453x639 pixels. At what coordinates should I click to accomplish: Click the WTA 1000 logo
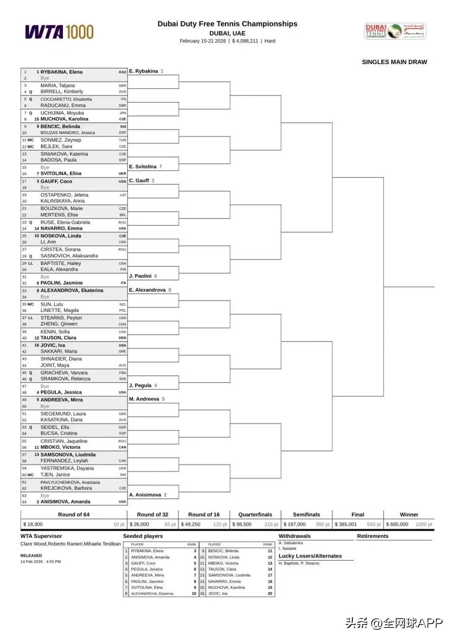(59, 32)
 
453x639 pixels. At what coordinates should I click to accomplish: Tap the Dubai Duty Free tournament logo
(395, 31)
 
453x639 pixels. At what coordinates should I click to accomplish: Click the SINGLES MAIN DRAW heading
(394, 62)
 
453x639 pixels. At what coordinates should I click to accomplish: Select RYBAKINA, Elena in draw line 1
(61, 72)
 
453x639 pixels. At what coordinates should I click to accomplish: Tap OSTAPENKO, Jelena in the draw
(64, 195)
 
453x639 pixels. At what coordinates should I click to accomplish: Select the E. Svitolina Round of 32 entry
(143, 167)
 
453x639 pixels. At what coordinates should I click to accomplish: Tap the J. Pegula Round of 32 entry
(140, 385)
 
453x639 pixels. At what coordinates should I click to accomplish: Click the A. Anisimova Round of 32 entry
(145, 495)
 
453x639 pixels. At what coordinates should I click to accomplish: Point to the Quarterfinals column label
(255, 514)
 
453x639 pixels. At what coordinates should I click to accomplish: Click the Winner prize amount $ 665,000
(397, 524)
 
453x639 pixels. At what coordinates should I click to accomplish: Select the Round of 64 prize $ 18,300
(33, 524)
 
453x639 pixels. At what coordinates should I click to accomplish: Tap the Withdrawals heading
(294, 536)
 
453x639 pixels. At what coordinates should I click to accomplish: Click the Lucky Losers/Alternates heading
(310, 556)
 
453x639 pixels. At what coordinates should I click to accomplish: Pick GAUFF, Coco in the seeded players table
(143, 563)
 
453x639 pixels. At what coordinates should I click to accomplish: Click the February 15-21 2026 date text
(203, 41)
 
